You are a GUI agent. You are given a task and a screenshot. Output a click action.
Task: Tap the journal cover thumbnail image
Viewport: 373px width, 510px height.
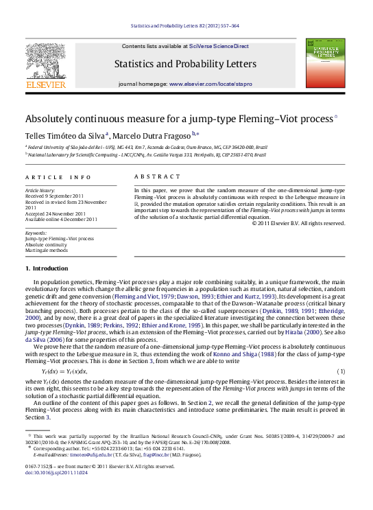(326, 63)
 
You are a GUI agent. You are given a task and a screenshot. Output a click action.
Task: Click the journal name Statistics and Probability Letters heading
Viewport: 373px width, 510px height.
(186, 65)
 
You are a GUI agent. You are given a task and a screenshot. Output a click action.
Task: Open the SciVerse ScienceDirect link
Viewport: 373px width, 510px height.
(219, 46)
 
